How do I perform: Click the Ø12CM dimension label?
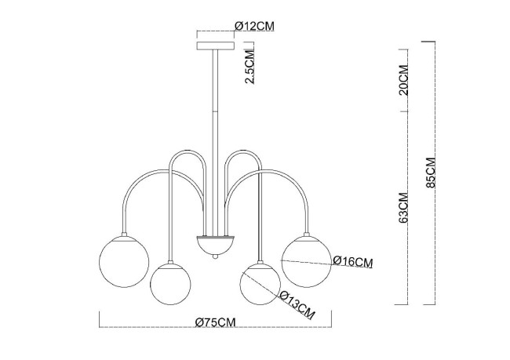pyautogui.click(x=254, y=26)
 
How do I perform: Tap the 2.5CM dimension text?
pyautogui.click(x=250, y=67)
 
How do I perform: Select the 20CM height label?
pyautogui.click(x=403, y=80)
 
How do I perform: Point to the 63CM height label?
pyautogui.click(x=403, y=208)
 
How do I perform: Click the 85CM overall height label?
pyautogui.click(x=431, y=173)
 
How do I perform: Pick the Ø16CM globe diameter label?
pyautogui.click(x=353, y=261)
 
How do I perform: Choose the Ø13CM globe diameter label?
pyautogui.click(x=297, y=305)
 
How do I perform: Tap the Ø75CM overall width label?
pyautogui.click(x=215, y=322)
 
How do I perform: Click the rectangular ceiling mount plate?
pyautogui.click(x=215, y=45)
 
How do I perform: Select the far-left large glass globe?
pyautogui.click(x=124, y=261)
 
